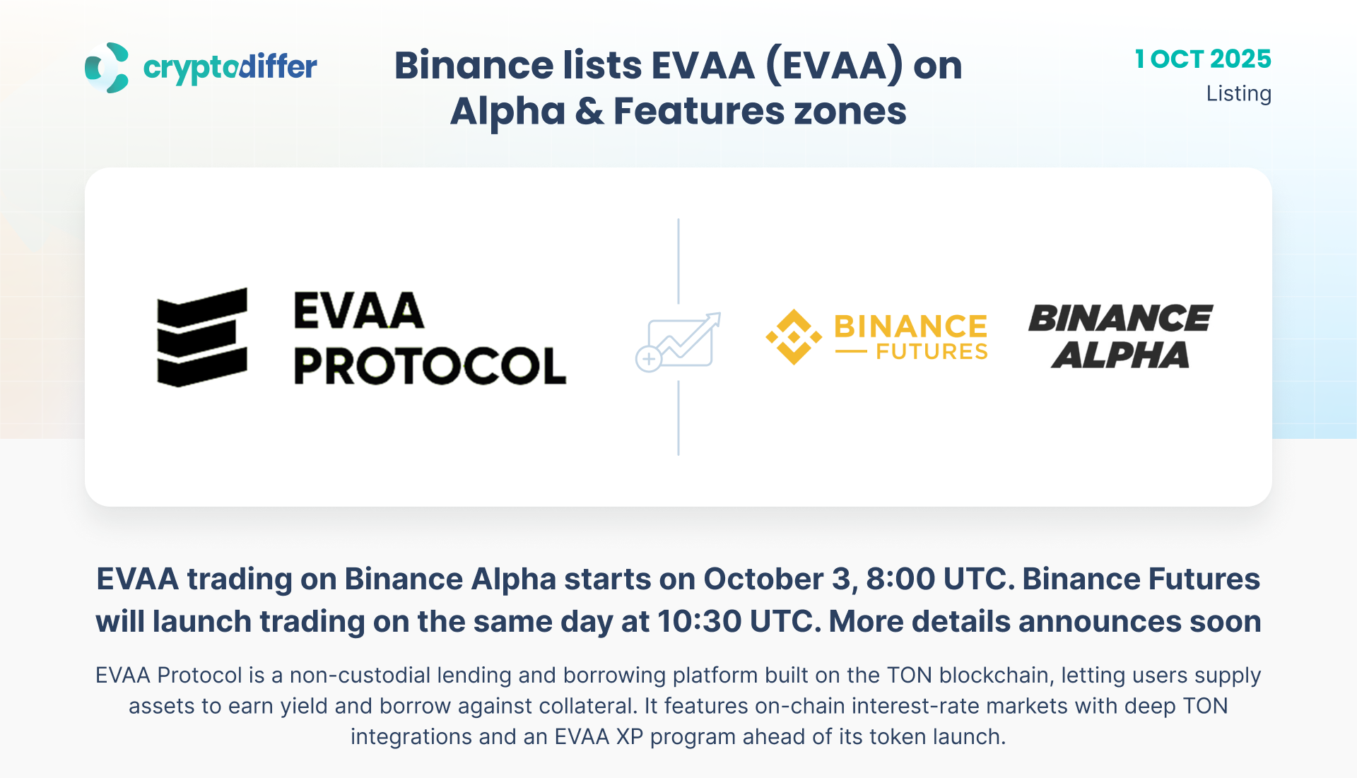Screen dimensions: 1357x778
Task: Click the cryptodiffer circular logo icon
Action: (107, 68)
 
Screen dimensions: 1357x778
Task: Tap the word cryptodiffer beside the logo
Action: (230, 68)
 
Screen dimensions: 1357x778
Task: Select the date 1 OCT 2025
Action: (1203, 59)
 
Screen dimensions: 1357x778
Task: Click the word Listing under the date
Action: (1239, 93)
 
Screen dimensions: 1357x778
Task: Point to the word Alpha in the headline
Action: (507, 112)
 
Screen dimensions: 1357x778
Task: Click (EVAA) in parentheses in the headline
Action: (834, 66)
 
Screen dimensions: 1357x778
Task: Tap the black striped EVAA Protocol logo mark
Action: (202, 337)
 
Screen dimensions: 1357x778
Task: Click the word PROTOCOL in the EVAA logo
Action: (430, 365)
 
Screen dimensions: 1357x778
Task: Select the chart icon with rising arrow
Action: (678, 341)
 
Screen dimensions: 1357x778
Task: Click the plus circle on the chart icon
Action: (648, 359)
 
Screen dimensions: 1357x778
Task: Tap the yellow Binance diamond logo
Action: (794, 337)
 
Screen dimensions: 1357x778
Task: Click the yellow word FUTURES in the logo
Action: (932, 351)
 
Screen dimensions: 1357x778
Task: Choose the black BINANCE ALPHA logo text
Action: (1121, 336)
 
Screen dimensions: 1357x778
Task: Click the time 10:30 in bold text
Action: (700, 622)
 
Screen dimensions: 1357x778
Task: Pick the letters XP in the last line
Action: (630, 737)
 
